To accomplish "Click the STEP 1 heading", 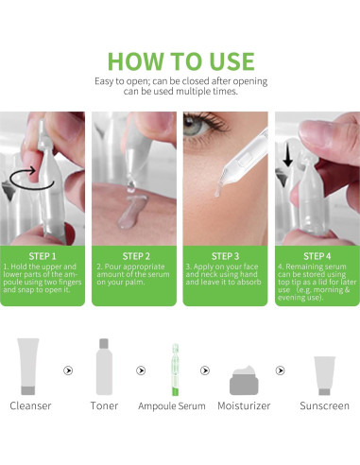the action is pyautogui.click(x=43, y=256).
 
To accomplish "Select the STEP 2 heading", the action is pyautogui.click(x=136, y=256).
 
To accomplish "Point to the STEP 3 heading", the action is pyautogui.click(x=226, y=256).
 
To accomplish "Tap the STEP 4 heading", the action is pyautogui.click(x=317, y=256).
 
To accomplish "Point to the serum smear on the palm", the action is pyautogui.click(x=130, y=211).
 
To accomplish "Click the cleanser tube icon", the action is pyautogui.click(x=28, y=367).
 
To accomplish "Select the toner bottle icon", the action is pyautogui.click(x=104, y=367).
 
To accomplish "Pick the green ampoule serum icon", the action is pyautogui.click(x=176, y=370).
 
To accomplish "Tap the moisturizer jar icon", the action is pyautogui.click(x=244, y=381).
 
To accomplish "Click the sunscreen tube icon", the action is pyautogui.click(x=324, y=375).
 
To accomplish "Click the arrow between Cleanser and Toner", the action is pyautogui.click(x=68, y=370).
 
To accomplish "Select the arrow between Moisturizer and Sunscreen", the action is pyautogui.click(x=280, y=370).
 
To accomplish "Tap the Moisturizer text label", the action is pyautogui.click(x=244, y=405).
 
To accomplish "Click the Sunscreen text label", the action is pyautogui.click(x=324, y=405).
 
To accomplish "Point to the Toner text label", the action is pyautogui.click(x=104, y=405).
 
